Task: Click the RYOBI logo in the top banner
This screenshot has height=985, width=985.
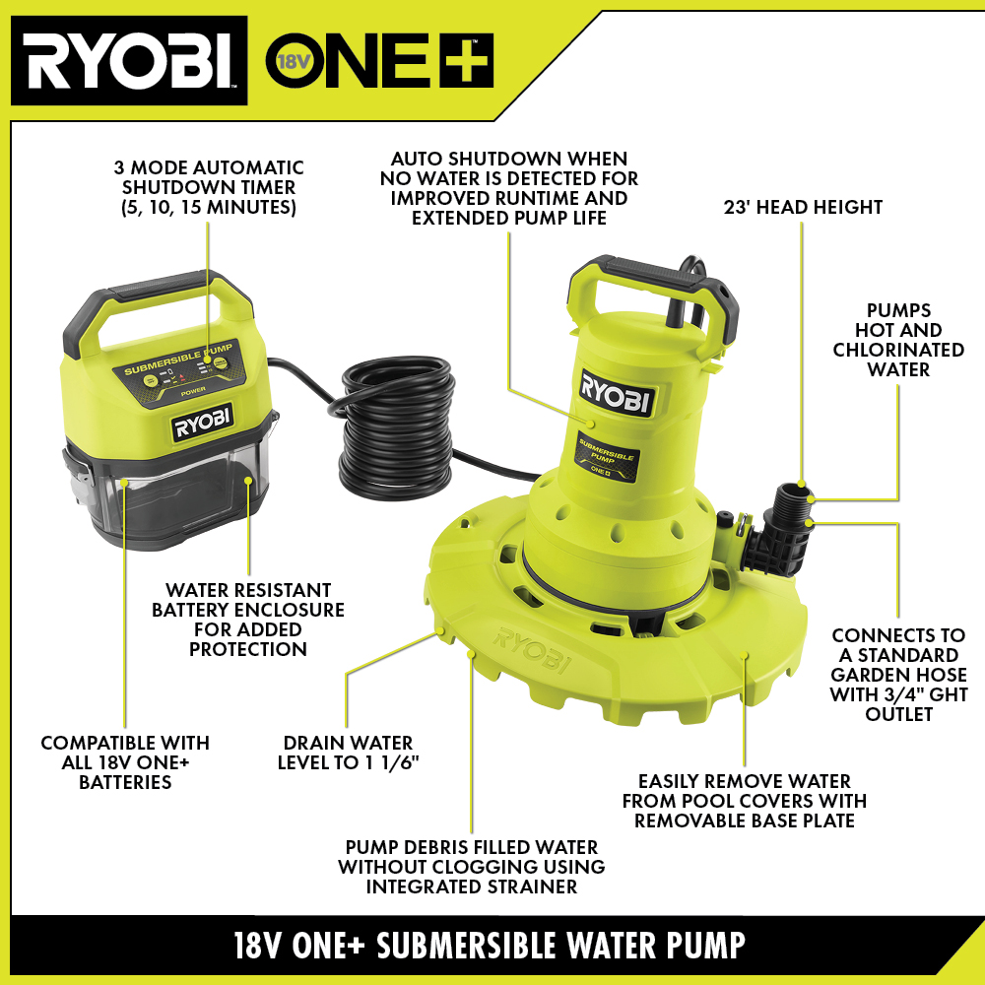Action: click(128, 61)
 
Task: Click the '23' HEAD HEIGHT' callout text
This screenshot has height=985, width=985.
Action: click(802, 207)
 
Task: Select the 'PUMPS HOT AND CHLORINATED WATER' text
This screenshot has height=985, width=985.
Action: click(898, 340)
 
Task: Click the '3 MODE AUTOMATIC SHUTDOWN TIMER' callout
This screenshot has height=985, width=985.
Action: click(209, 188)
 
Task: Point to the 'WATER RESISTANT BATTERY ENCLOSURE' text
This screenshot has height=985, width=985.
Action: click(248, 620)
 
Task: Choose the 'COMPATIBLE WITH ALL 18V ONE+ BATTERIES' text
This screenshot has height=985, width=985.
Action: click(125, 762)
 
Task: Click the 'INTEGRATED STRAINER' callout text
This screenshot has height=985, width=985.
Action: click(471, 867)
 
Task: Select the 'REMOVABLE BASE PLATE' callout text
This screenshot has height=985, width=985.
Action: click(744, 800)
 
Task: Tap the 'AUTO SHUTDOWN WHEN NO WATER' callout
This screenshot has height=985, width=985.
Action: click(508, 187)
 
